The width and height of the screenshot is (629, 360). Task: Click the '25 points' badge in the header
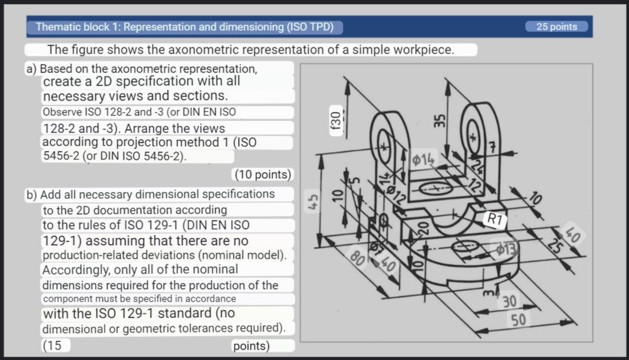coord(557,27)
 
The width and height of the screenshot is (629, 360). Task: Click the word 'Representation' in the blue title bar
coord(161,27)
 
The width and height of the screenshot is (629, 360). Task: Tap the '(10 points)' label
coord(263,174)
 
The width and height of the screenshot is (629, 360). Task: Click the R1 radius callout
coord(495,218)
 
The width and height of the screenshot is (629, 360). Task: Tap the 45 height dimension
coord(312,203)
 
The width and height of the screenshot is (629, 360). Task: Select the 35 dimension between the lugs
coord(439,122)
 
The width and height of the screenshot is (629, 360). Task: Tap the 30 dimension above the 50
coord(510,301)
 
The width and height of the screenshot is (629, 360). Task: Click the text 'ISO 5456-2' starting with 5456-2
coord(62,155)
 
